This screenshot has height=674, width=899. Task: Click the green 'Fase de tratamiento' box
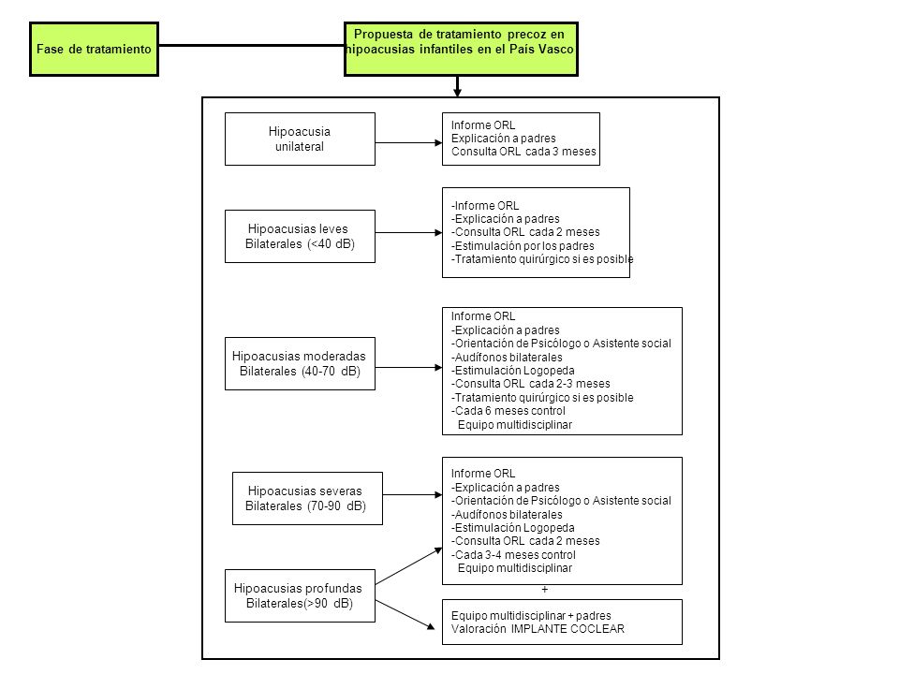click(94, 50)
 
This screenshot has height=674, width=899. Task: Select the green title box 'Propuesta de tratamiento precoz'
click(461, 50)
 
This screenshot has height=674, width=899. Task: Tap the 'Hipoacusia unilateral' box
click(300, 139)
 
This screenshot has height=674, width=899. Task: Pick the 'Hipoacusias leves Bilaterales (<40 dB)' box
click(300, 236)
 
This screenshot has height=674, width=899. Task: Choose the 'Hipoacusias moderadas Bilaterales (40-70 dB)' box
click(300, 363)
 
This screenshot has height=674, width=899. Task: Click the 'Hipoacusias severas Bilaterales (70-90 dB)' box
click(307, 498)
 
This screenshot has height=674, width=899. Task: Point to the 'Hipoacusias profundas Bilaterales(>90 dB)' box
click(300, 595)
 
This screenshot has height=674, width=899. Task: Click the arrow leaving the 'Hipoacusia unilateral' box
click(409, 142)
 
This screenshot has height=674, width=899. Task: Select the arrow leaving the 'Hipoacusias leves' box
click(409, 233)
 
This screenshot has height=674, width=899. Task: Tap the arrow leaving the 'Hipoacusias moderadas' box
click(409, 367)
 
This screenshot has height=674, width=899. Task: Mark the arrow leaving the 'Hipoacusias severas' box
click(413, 494)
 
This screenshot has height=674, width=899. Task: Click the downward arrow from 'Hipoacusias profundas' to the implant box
click(405, 615)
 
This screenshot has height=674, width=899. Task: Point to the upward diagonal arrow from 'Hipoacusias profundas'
click(409, 566)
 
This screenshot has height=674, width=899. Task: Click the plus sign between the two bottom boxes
click(545, 589)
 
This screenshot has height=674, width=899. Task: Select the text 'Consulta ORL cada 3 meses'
click(523, 152)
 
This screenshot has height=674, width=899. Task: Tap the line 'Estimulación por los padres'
click(523, 246)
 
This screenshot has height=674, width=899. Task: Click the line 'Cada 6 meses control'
click(508, 411)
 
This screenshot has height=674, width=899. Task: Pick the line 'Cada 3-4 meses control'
click(514, 555)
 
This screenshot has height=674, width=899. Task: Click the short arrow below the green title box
click(458, 86)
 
